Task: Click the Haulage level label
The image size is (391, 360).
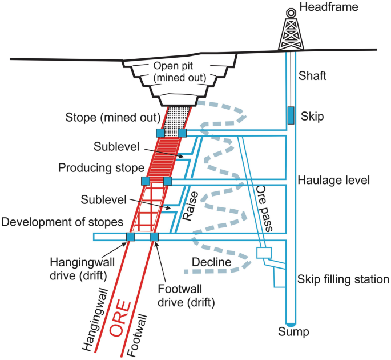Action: point(334,180)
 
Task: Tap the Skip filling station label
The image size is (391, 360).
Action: point(343,280)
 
